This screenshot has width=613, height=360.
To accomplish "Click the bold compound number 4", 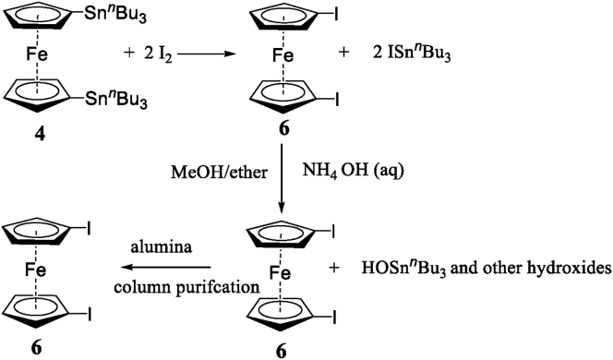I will pyautogui.click(x=41, y=134).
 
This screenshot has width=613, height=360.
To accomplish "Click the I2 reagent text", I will pyautogui.click(x=153, y=55).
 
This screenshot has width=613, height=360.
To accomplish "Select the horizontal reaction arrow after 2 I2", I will pyautogui.click(x=200, y=55).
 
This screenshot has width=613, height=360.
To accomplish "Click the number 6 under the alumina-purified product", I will pyautogui.click(x=39, y=351).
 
